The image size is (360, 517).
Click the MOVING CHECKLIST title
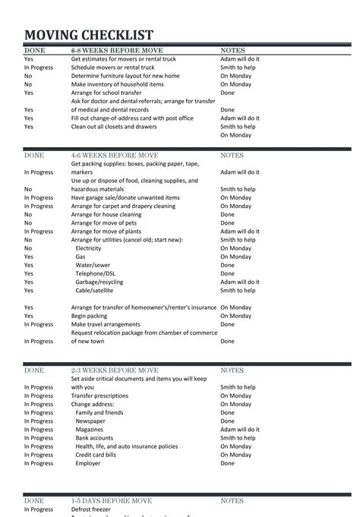[x=89, y=35]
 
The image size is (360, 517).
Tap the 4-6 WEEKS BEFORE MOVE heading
[x=106, y=155]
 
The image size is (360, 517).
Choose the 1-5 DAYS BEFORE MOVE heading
[x=112, y=501]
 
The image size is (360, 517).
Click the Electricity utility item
[x=88, y=248]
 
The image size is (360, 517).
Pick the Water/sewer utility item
[x=91, y=265]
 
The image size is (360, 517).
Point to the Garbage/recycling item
[x=99, y=282]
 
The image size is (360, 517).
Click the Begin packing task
[x=90, y=316]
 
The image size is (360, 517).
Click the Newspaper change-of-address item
[x=90, y=421]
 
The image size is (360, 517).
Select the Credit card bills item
[x=96, y=454]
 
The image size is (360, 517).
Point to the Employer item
[x=87, y=463]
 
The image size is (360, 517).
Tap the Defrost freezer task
[x=91, y=509]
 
